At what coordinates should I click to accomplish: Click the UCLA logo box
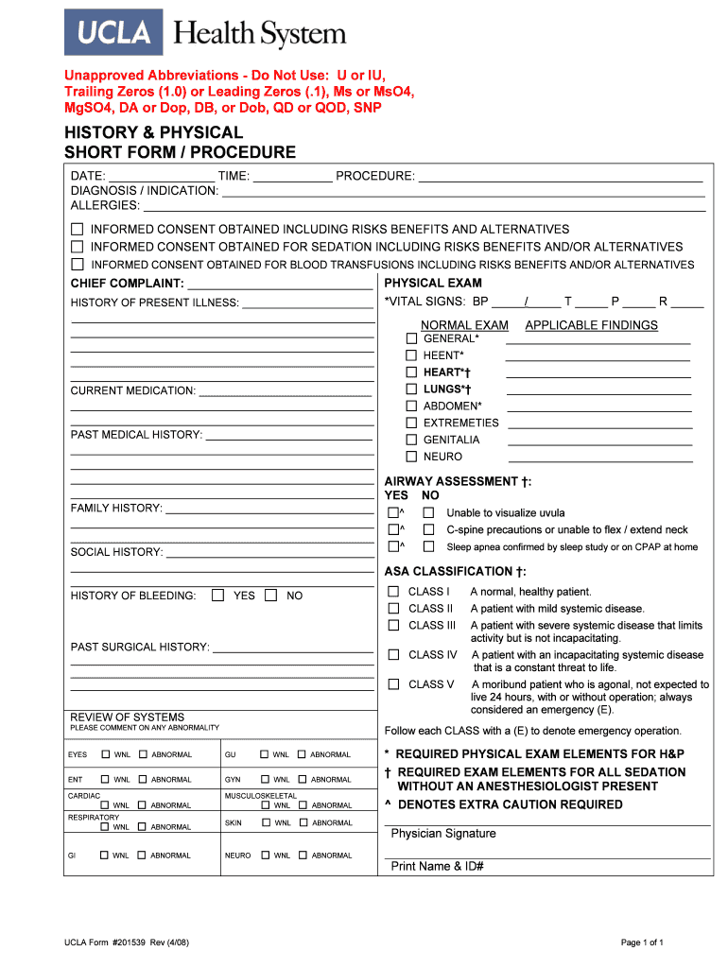click(x=113, y=32)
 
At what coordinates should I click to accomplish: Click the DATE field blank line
click(x=162, y=177)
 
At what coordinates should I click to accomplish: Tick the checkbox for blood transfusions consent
click(x=78, y=265)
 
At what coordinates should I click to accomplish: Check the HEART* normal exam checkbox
click(x=411, y=372)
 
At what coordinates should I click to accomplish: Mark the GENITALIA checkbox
click(x=411, y=440)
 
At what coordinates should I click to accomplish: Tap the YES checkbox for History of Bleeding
click(x=218, y=596)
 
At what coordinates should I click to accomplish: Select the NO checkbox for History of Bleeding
click(x=271, y=596)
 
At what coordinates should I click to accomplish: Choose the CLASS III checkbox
click(x=393, y=626)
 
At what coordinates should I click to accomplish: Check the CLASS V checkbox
click(x=393, y=684)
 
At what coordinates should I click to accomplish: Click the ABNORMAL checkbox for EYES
click(x=143, y=754)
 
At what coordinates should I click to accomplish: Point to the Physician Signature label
click(x=443, y=834)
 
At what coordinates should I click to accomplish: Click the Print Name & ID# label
click(x=438, y=867)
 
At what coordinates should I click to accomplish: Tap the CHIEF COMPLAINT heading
click(x=127, y=284)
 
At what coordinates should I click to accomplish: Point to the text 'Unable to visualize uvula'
click(x=506, y=513)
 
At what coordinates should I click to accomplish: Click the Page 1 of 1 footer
click(x=642, y=942)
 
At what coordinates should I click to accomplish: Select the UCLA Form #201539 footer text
click(x=126, y=942)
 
